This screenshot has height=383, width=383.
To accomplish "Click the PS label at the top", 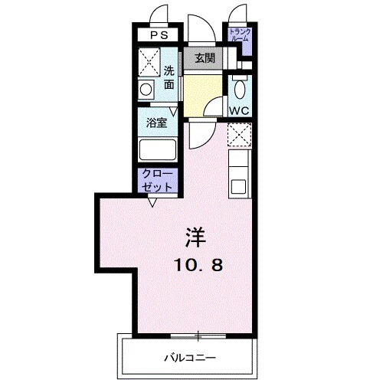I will point(159,35).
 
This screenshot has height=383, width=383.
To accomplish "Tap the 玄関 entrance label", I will point(203,58).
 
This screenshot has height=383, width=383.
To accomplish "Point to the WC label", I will point(239,110).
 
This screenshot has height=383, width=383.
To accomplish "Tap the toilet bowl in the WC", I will point(239,89).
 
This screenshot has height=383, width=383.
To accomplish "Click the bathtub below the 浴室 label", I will point(158,150).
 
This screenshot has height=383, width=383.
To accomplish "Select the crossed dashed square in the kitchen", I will point(238,136).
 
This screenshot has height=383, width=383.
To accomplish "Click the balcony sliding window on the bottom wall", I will point(198,335).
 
